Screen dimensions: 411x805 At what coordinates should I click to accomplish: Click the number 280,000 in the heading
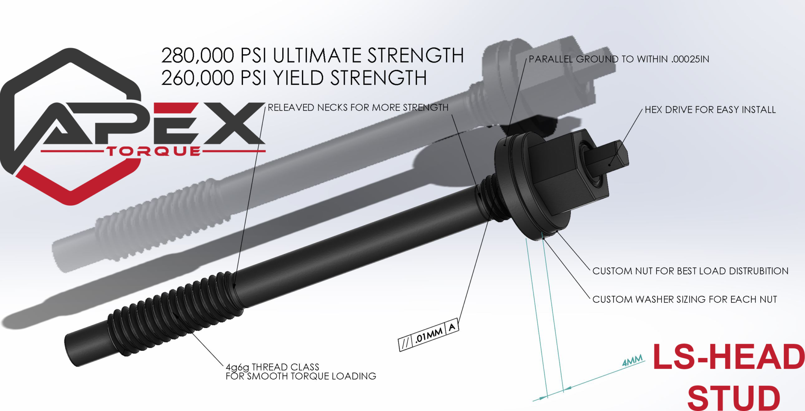tap(197, 55)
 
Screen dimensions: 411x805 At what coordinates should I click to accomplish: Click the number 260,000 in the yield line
tap(197, 78)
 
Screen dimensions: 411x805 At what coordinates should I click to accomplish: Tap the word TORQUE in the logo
tap(154, 151)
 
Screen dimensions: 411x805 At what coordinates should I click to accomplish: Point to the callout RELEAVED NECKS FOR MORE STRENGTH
tap(358, 107)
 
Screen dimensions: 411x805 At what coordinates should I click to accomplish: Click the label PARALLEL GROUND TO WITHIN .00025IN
tap(619, 59)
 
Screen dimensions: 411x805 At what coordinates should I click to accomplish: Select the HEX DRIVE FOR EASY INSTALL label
tap(710, 110)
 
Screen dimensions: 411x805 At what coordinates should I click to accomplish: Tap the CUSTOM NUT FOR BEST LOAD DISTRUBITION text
tap(690, 271)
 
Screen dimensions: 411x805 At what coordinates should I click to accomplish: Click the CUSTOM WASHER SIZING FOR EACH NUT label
tap(684, 299)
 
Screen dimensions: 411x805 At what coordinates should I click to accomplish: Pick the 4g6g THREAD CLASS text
tap(272, 367)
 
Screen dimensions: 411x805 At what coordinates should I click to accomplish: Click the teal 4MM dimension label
tap(632, 360)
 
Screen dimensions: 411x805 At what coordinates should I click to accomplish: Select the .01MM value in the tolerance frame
tap(429, 335)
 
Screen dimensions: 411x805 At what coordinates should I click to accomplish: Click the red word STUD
tap(733, 398)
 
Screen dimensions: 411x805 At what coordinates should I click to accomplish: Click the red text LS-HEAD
tap(728, 357)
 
